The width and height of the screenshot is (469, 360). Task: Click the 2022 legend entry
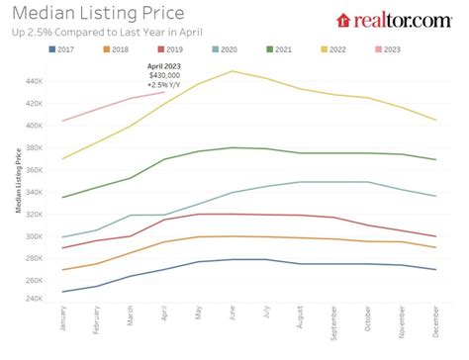click(330, 47)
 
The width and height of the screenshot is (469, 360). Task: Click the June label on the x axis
click(232, 318)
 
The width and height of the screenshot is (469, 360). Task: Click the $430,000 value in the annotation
click(163, 75)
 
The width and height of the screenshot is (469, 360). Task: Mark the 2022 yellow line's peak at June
click(232, 71)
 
